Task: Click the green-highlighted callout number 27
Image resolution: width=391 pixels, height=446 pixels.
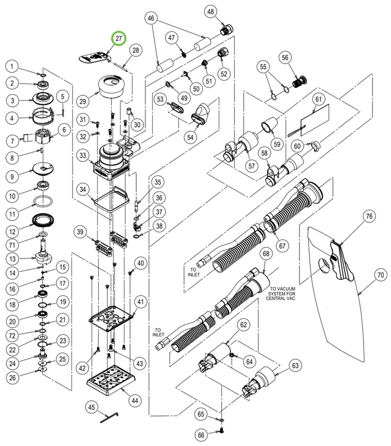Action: (x=119, y=38)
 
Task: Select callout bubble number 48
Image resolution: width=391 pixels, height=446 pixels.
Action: (x=211, y=12)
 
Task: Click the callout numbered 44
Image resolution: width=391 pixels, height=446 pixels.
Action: (x=134, y=401)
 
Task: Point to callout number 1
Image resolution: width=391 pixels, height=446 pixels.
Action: (x=12, y=66)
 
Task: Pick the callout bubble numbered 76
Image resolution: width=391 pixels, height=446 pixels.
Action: (x=369, y=216)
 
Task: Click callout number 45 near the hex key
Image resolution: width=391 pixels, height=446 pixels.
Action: (x=92, y=408)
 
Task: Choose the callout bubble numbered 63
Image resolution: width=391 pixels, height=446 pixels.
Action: (x=296, y=366)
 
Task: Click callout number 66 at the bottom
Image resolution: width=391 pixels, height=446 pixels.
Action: (x=202, y=435)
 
